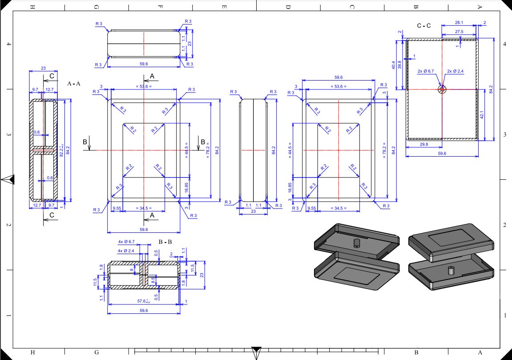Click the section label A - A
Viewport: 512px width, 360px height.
[x=74, y=84]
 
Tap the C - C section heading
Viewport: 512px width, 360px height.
[x=424, y=26]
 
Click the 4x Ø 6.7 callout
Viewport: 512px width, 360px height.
[x=126, y=242]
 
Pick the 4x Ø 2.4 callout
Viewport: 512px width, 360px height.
[x=126, y=251]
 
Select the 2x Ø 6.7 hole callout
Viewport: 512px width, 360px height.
[x=426, y=71]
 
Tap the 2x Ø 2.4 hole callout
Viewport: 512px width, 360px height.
[x=455, y=71]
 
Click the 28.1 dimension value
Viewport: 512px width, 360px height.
[x=459, y=23]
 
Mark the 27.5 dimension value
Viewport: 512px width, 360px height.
[x=459, y=32]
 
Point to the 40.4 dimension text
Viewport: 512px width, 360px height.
[x=393, y=65]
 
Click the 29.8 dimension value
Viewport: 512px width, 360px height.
[x=424, y=144]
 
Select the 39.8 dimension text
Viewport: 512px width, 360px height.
[x=399, y=65]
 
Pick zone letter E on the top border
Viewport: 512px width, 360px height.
[x=224, y=7]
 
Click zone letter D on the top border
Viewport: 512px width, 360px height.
[x=288, y=7]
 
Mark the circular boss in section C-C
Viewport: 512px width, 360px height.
[x=442, y=89]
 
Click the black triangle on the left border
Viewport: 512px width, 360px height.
[x=8, y=180]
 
